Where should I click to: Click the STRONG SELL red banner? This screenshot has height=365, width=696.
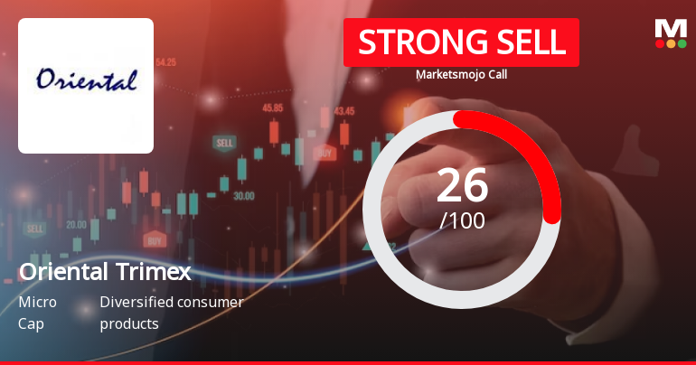pyautogui.click(x=461, y=42)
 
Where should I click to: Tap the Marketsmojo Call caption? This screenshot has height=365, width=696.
pyautogui.click(x=461, y=74)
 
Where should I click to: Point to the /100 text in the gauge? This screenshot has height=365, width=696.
pyautogui.click(x=462, y=220)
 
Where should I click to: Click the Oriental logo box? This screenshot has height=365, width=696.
pyautogui.click(x=86, y=85)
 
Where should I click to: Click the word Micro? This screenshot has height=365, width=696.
pyautogui.click(x=36, y=302)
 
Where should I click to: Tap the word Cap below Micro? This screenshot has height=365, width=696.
pyautogui.click(x=30, y=323)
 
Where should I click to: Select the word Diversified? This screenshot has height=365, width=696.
pyautogui.click(x=135, y=302)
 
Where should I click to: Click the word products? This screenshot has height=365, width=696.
pyautogui.click(x=129, y=323)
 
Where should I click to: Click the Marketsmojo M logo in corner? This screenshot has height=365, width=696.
pyautogui.click(x=670, y=33)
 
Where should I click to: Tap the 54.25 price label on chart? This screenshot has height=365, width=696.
pyautogui.click(x=166, y=62)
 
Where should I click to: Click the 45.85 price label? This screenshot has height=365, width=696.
pyautogui.click(x=272, y=108)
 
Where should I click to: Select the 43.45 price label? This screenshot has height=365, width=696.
pyautogui.click(x=343, y=111)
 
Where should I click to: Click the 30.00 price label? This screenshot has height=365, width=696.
pyautogui.click(x=243, y=194)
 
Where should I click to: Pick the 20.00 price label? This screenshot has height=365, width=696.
pyautogui.click(x=76, y=224)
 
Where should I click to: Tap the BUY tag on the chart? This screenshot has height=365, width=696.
pyautogui.click(x=154, y=240)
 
